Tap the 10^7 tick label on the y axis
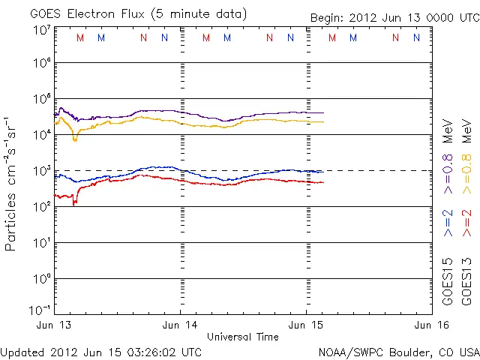[41, 31]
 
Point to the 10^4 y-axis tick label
[41, 133]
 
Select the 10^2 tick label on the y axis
[41, 205]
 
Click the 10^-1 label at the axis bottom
[41, 310]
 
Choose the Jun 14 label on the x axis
[181, 325]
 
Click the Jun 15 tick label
[306, 325]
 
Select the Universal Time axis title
[243, 337]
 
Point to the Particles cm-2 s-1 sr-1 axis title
[12, 183]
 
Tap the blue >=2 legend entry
[448, 223]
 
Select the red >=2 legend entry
[466, 223]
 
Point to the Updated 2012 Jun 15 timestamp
[101, 351]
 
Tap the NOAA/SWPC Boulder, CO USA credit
[398, 351]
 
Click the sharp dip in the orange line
[74, 139]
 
